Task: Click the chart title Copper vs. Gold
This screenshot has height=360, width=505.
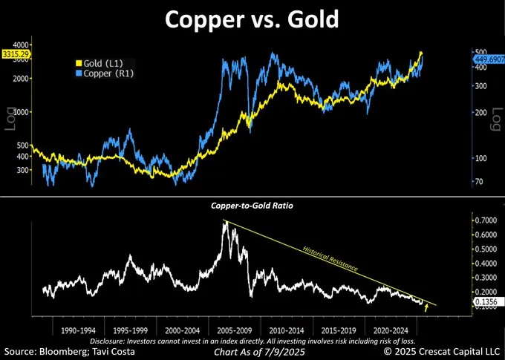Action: tap(252, 19)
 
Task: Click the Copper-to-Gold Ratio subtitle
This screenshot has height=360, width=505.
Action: tap(252, 204)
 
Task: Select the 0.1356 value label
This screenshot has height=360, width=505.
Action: tap(487, 303)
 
